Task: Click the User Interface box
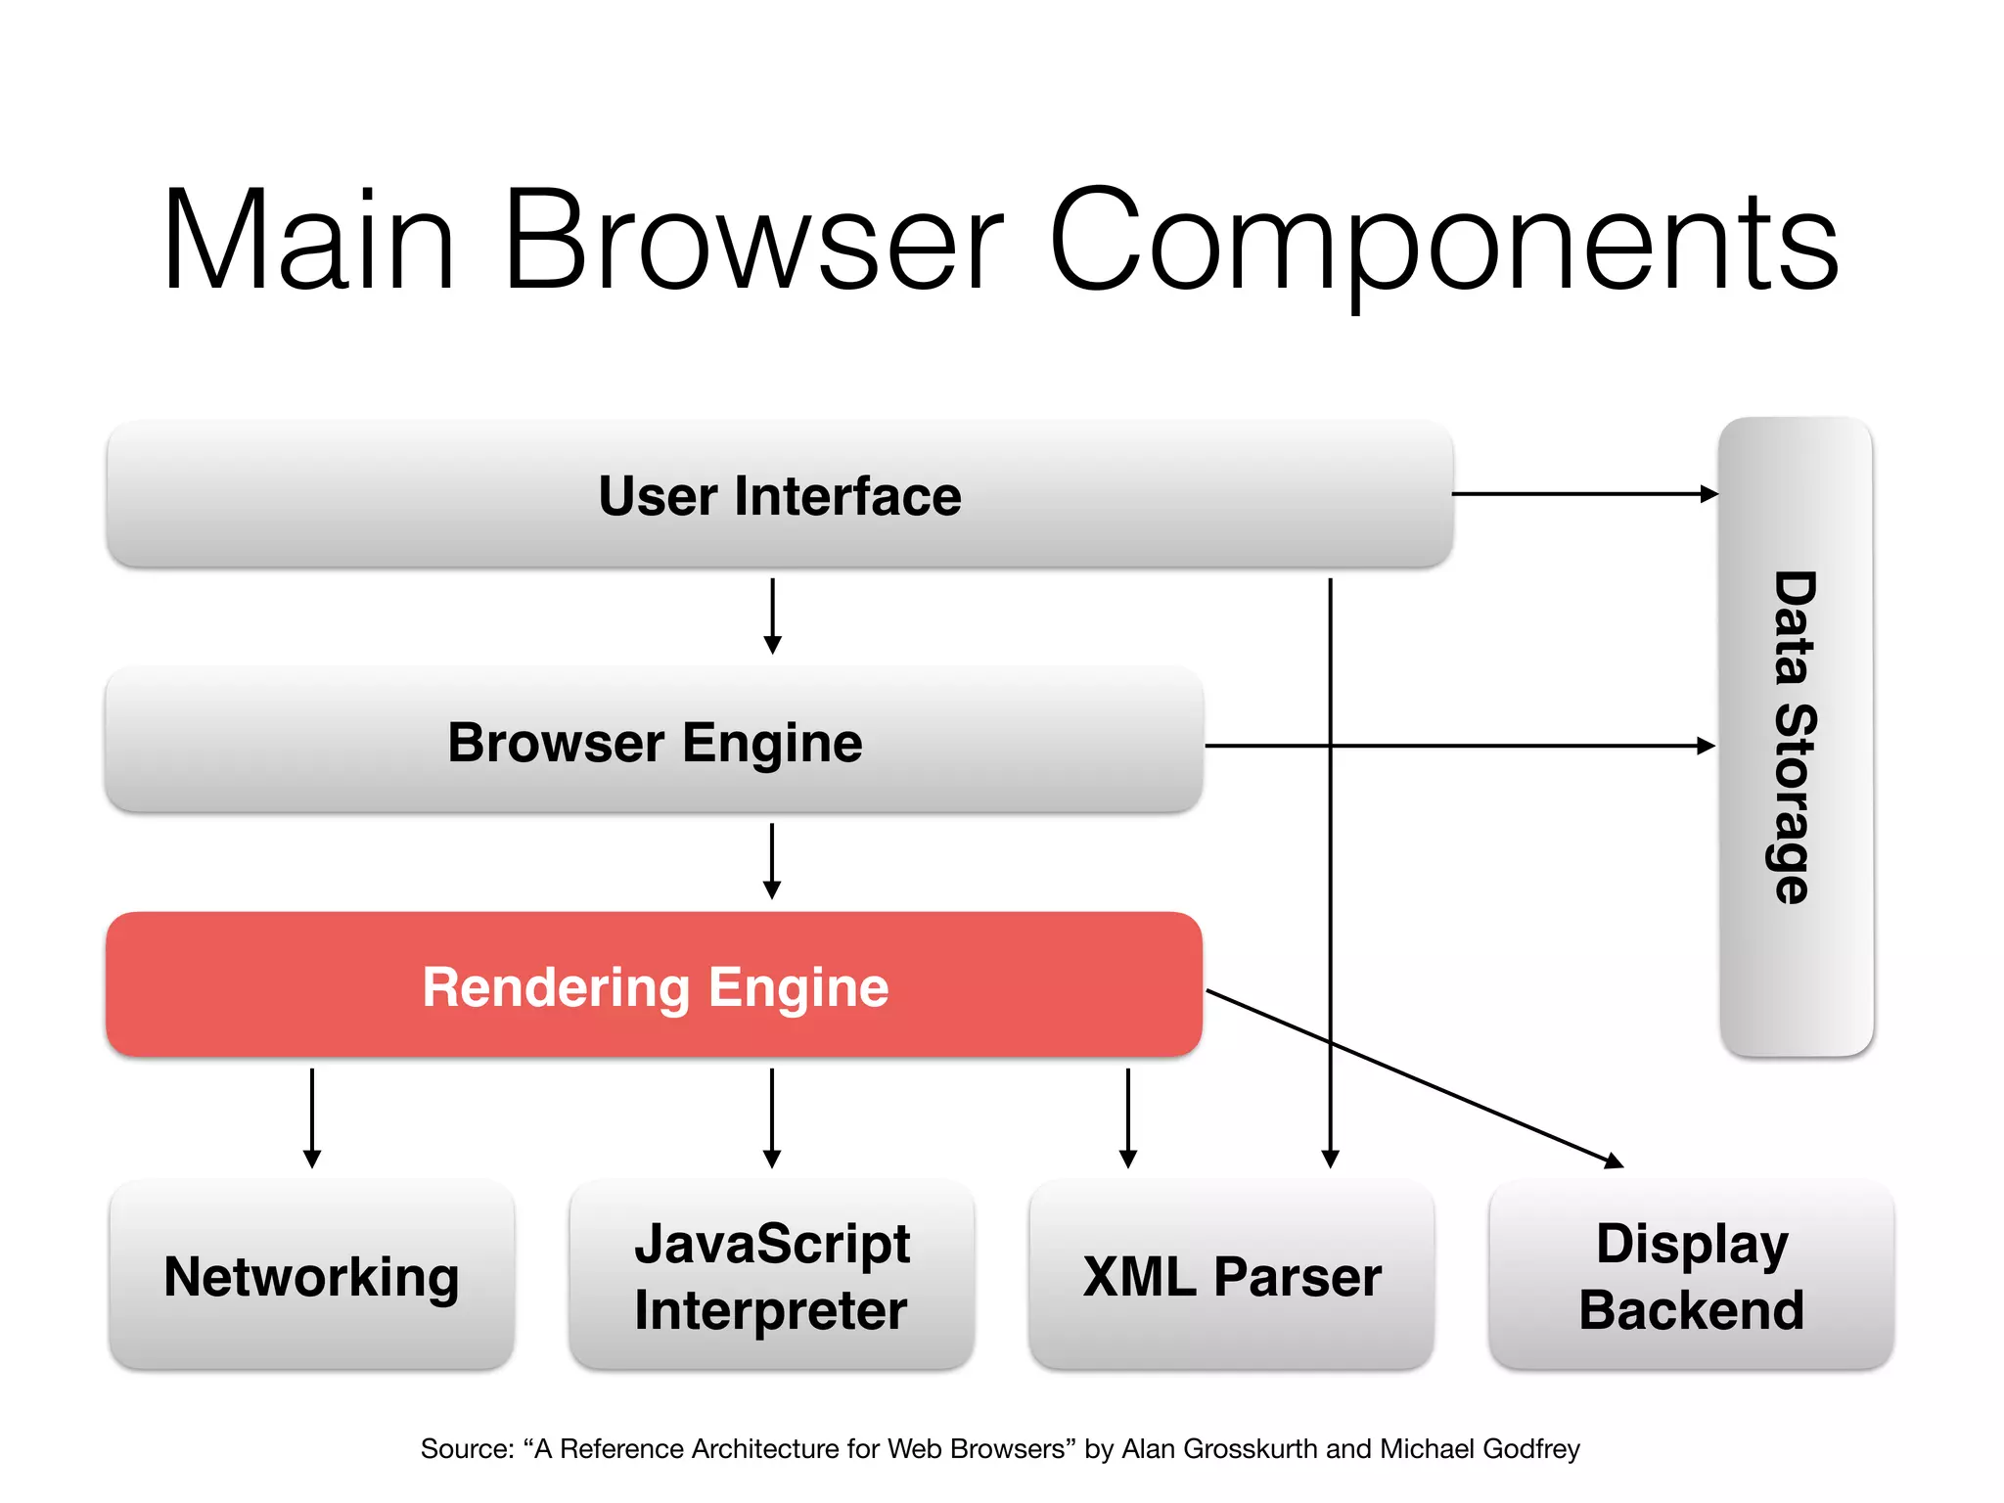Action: tap(779, 494)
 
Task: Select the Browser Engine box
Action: tap(654, 741)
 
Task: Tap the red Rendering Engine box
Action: tap(654, 985)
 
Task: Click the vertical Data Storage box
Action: tap(1796, 737)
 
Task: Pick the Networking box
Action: tap(311, 1275)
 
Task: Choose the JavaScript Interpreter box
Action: tap(771, 1275)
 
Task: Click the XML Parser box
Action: tap(1231, 1275)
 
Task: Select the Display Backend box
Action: tap(1691, 1275)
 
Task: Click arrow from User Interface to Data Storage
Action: tap(1585, 494)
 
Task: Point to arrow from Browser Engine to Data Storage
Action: tap(1468, 746)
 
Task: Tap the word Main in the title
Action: tap(308, 240)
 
